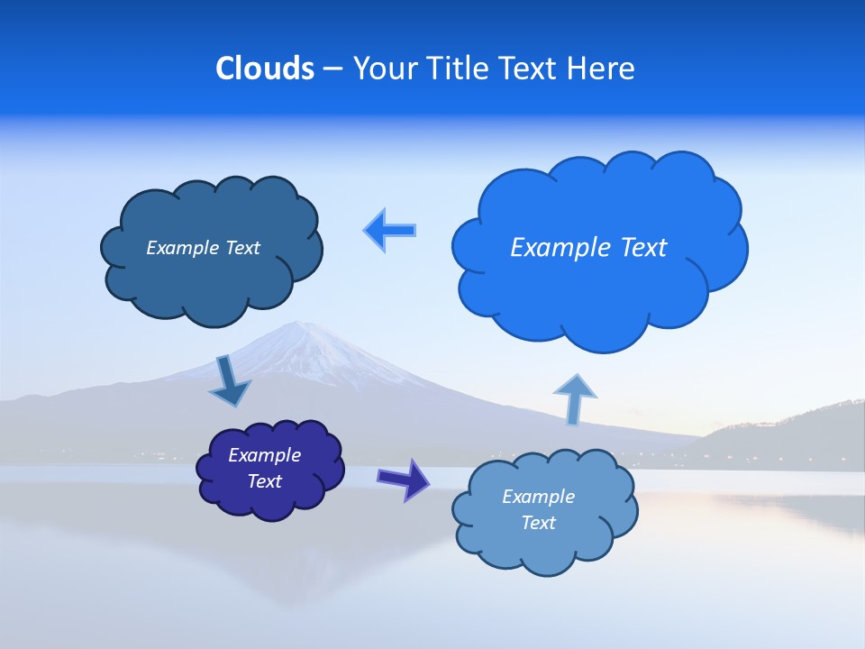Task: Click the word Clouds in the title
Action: (x=264, y=69)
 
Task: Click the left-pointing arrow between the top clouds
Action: (x=389, y=230)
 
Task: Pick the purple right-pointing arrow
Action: (x=404, y=479)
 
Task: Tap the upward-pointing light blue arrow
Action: (x=575, y=398)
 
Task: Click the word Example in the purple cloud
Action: (x=264, y=455)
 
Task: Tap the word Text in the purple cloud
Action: (x=264, y=481)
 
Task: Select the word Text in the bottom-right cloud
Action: (x=538, y=523)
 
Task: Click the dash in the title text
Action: (x=332, y=69)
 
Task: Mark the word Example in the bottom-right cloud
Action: (x=538, y=497)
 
